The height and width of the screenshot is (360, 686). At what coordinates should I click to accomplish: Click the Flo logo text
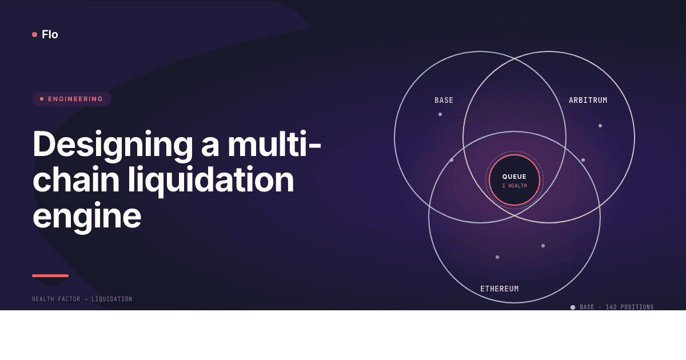[x=50, y=34]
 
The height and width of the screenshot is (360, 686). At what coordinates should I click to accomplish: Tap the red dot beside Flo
[x=35, y=34]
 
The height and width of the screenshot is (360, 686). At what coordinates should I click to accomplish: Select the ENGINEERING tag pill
[x=71, y=99]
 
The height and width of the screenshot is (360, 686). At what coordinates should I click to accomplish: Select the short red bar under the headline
[x=50, y=276]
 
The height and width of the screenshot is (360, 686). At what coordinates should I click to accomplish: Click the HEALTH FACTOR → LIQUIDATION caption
[x=82, y=299]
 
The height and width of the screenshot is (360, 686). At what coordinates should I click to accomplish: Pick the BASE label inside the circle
[x=444, y=100]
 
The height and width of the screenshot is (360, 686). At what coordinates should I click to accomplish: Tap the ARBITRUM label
[x=588, y=100]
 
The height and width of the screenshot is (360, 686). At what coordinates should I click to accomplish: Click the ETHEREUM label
[x=499, y=289]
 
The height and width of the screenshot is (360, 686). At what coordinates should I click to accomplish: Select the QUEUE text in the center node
[x=514, y=177]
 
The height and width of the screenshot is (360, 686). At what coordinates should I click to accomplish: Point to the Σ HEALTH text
[x=514, y=186]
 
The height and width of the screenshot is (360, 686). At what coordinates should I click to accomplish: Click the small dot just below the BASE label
[x=440, y=114]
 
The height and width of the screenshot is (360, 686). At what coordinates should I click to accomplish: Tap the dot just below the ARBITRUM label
[x=600, y=126]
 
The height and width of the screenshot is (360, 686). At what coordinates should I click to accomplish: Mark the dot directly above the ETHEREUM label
[x=497, y=257]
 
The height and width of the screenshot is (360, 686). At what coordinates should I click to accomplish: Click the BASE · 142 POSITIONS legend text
[x=616, y=307]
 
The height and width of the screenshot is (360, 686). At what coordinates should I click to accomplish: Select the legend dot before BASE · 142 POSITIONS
[x=573, y=307]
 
